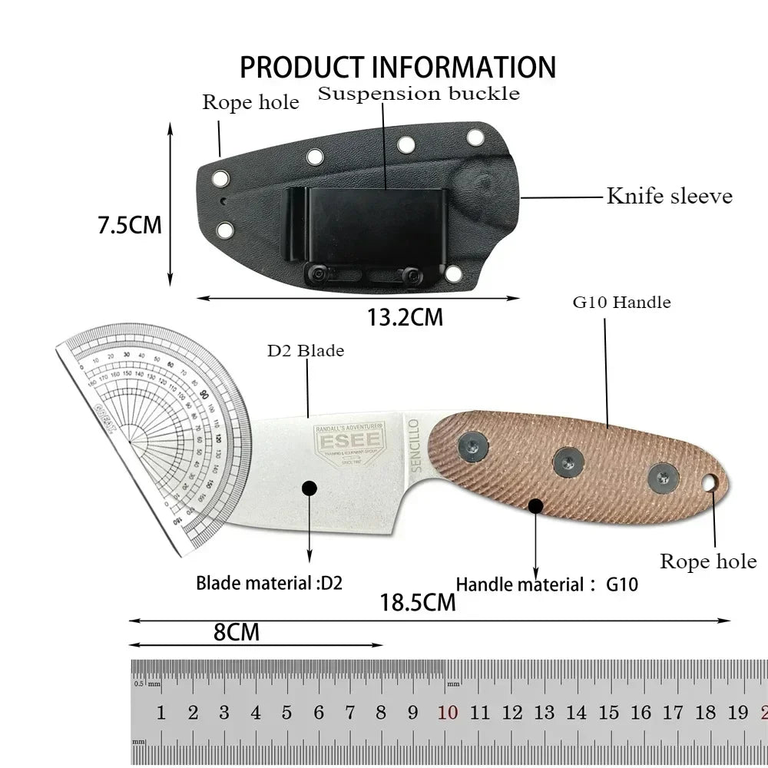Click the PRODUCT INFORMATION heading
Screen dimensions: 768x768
point(398,67)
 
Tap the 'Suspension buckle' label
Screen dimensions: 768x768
point(419,94)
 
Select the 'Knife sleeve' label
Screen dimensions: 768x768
point(670,196)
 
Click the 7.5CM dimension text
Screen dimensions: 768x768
point(129,225)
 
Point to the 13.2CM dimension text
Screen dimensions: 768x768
point(405,316)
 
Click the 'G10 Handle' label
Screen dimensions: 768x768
point(621,302)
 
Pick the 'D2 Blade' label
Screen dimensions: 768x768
point(306,350)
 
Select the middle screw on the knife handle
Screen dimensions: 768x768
point(566,460)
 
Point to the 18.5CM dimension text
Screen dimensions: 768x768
point(418,602)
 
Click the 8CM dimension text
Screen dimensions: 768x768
point(237,632)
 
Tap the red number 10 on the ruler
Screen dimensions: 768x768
point(448,713)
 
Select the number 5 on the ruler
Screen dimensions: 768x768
point(287,713)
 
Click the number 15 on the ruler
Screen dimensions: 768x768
point(609,713)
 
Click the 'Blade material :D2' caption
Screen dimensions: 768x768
point(269,582)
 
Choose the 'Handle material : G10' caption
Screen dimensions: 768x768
point(547,584)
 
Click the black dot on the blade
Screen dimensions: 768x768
point(310,488)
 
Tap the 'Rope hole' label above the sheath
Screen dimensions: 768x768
point(250,102)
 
